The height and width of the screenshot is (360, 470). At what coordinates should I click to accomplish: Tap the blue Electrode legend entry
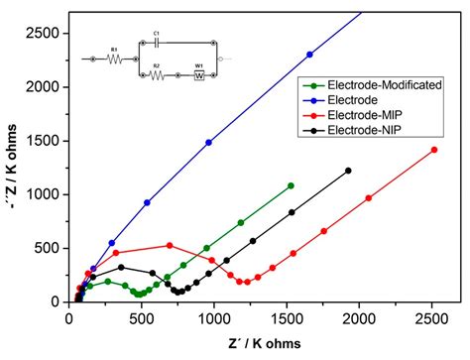click(x=342, y=101)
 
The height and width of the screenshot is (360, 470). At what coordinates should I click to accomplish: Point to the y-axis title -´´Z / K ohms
click(x=13, y=164)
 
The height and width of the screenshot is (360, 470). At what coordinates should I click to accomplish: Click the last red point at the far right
click(x=434, y=150)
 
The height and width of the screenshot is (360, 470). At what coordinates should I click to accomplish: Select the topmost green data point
click(x=291, y=185)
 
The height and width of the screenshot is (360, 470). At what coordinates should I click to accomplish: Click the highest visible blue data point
click(x=309, y=55)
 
